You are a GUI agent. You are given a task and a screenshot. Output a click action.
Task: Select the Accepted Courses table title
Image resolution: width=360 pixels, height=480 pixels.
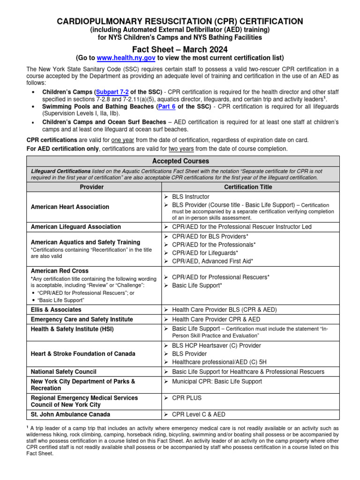click(x=180, y=161)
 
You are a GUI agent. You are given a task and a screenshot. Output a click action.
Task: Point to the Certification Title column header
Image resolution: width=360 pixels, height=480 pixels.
click(x=248, y=187)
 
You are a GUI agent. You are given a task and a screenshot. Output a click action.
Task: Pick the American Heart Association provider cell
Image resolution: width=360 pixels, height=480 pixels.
click(x=70, y=207)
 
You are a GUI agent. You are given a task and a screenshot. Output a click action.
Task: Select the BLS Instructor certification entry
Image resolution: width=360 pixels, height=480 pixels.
click(x=190, y=197)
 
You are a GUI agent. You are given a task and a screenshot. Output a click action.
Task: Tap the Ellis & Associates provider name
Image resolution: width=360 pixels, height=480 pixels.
click(x=56, y=309)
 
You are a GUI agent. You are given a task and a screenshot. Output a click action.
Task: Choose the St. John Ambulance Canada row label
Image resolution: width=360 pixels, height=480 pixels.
click(x=70, y=414)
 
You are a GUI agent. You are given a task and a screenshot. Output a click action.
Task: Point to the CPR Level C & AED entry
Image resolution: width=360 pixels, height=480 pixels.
click(x=199, y=414)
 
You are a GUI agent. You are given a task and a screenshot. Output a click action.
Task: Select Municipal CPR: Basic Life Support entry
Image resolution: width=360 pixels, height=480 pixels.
click(x=217, y=382)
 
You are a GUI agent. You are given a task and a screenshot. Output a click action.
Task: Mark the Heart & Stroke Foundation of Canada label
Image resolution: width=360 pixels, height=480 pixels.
click(x=83, y=353)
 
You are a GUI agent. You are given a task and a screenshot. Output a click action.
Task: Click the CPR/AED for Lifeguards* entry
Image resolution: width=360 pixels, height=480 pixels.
click(x=205, y=253)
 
